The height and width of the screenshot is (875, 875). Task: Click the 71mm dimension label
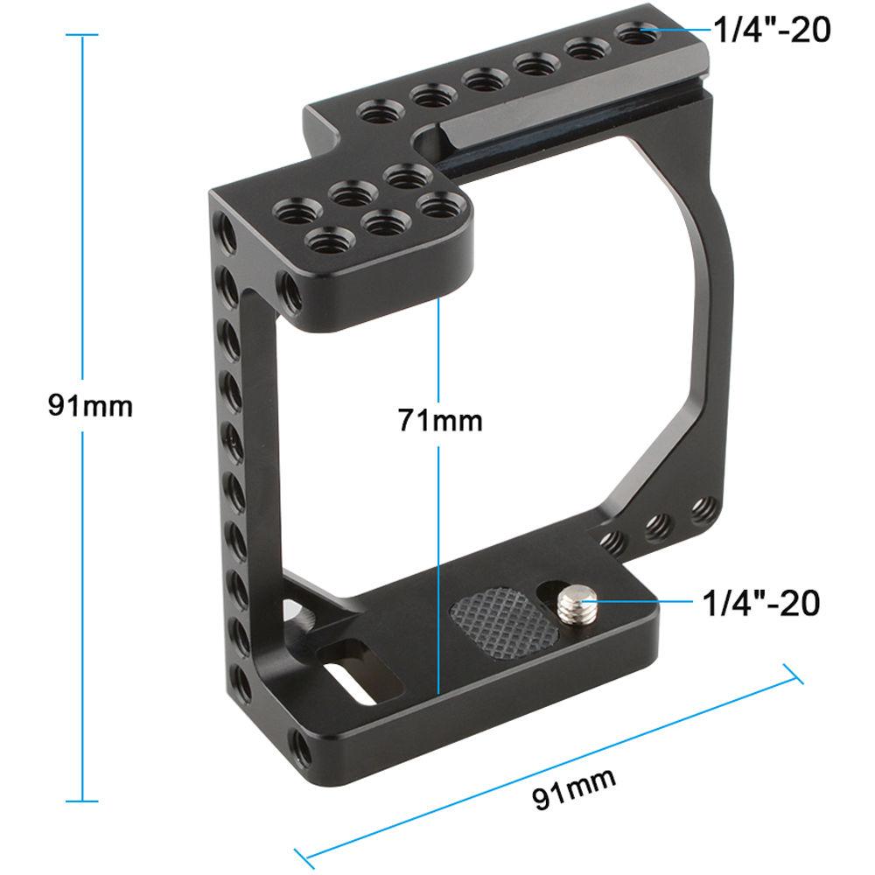point(440,420)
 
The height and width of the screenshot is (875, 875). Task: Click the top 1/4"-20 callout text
point(771,30)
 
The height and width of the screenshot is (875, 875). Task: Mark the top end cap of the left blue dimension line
point(83,35)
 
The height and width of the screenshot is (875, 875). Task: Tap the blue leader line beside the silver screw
point(639,601)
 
